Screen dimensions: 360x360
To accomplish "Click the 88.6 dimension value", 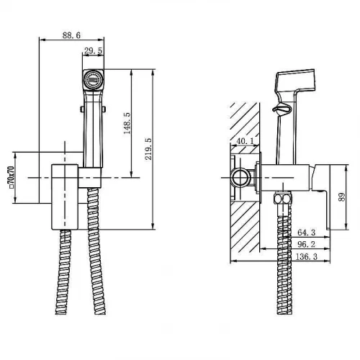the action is click(71, 35).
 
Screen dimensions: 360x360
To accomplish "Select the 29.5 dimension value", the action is click(93, 50).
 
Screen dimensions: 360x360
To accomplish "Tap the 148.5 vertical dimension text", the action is click(127, 123).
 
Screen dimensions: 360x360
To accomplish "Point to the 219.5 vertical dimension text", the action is click(148, 149).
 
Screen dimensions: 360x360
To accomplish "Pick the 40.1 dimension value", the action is click(245, 141).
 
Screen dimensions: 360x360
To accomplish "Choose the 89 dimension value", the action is click(342, 197).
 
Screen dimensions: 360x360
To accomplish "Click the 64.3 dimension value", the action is click(307, 233).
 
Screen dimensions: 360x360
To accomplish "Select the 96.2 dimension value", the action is click(307, 244).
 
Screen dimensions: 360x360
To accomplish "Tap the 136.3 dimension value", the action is click(306, 256).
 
